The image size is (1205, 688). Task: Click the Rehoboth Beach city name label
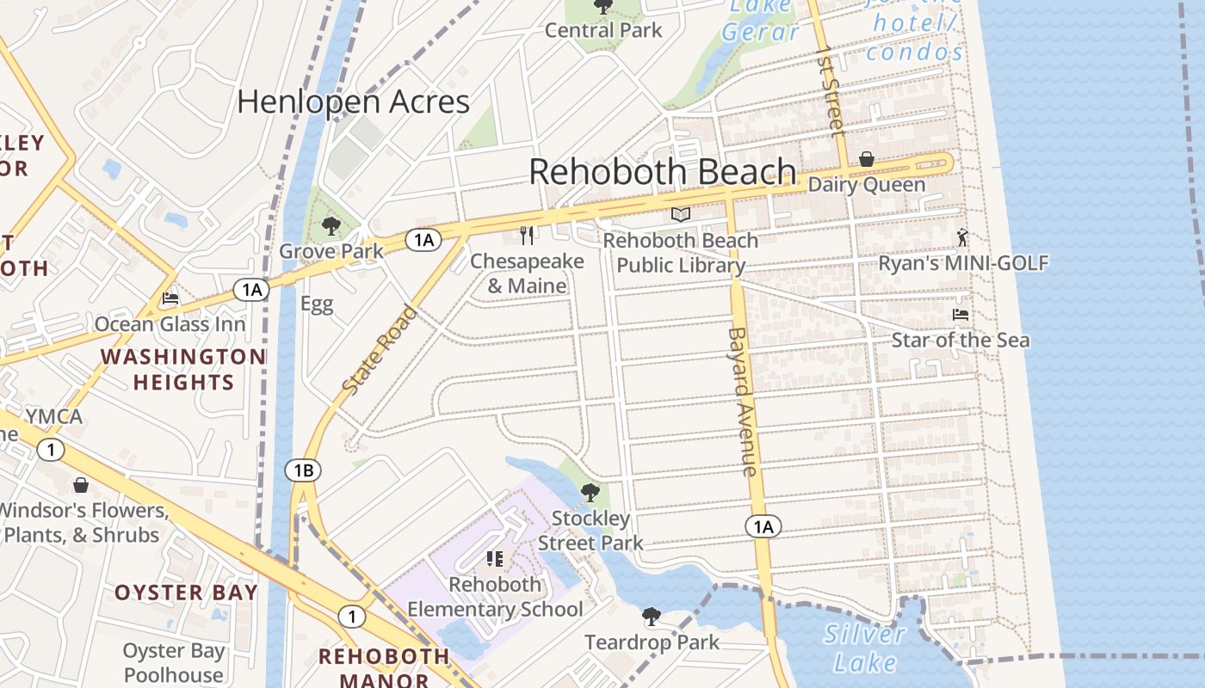pyautogui.click(x=662, y=172)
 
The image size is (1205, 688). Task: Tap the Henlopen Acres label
pyautogui.click(x=353, y=101)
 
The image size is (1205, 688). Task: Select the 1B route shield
pyautogui.click(x=303, y=470)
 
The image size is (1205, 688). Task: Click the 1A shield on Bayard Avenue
pyautogui.click(x=763, y=526)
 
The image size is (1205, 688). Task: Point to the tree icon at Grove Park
pyautogui.click(x=331, y=227)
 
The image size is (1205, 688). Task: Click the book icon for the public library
pyautogui.click(x=681, y=214)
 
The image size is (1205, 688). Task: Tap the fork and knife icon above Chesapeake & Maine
pyautogui.click(x=527, y=235)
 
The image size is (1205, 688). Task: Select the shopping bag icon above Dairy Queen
pyautogui.click(x=867, y=159)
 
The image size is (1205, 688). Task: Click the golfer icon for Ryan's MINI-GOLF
pyautogui.click(x=962, y=237)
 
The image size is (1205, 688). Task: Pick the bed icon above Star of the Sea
pyautogui.click(x=961, y=315)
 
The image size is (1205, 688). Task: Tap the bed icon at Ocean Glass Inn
pyautogui.click(x=170, y=299)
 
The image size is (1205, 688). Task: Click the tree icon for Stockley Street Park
pyautogui.click(x=590, y=493)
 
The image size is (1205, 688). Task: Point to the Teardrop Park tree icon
pyautogui.click(x=652, y=616)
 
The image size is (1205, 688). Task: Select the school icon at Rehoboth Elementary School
pyautogui.click(x=495, y=559)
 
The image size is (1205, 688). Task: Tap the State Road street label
pyautogui.click(x=380, y=350)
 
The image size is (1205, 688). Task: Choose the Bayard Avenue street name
pyautogui.click(x=741, y=401)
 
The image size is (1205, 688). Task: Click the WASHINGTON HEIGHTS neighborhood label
pyautogui.click(x=183, y=369)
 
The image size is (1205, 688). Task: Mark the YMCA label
pyautogui.click(x=53, y=417)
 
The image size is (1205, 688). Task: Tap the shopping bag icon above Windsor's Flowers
pyautogui.click(x=81, y=485)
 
